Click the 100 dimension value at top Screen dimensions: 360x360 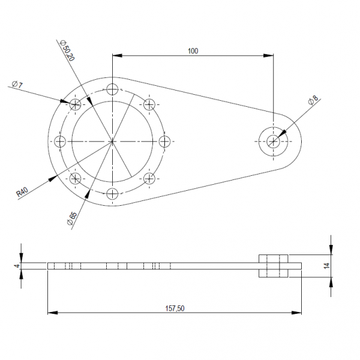(192, 51)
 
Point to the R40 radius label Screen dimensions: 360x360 (22, 191)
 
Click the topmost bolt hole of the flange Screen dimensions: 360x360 (113, 90)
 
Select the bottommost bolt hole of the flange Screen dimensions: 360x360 (113, 193)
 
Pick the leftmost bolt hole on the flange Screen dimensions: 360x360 (61, 142)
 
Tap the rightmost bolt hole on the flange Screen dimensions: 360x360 (165, 142)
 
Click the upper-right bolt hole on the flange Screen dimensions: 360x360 (149, 104)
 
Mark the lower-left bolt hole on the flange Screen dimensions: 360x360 (76, 178)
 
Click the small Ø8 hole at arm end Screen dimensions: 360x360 (274, 142)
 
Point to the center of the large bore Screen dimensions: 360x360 (113, 142)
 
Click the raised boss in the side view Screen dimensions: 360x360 (274, 266)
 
